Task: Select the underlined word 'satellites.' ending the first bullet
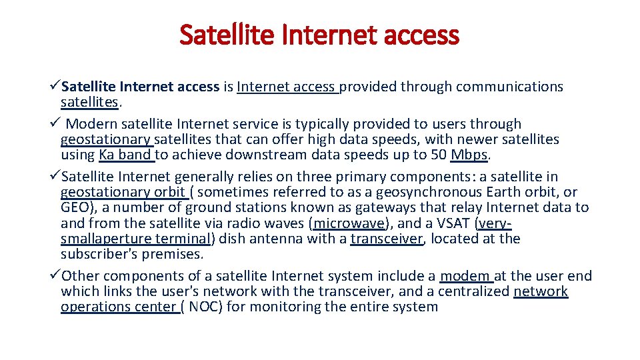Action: pos(89,102)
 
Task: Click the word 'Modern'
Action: pos(90,124)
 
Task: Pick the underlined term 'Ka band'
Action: pos(125,155)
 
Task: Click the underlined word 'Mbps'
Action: pos(469,155)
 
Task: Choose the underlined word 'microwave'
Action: pos(349,223)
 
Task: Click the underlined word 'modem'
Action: pos(465,276)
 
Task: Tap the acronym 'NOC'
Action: pos(202,307)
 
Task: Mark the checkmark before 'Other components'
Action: pos(55,276)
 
